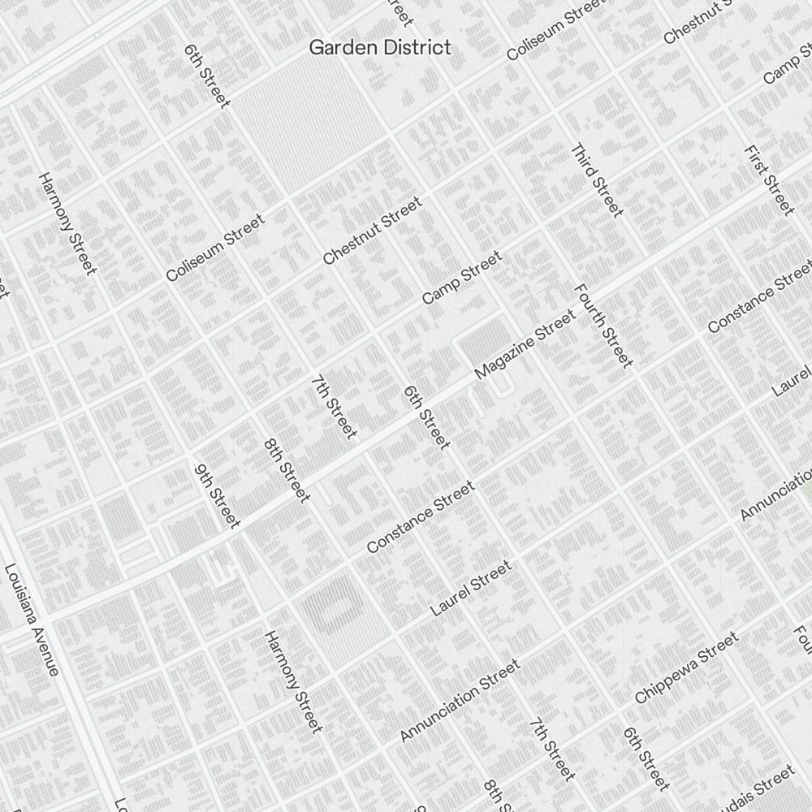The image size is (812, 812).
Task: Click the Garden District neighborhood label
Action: pos(379,48)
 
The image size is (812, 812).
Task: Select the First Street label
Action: pos(768,180)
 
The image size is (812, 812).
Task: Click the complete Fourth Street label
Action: pos(603,325)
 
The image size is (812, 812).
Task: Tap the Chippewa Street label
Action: pos(686,668)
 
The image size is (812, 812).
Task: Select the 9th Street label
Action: pos(217,495)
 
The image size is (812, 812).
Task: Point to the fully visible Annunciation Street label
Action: pos(460,701)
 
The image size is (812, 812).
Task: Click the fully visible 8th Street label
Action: pos(287,470)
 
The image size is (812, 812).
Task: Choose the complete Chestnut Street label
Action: pos(373,231)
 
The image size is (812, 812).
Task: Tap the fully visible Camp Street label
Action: pos(461,278)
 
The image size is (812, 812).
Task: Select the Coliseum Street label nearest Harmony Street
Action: pos(215,248)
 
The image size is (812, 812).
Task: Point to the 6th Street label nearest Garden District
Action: pos(207,76)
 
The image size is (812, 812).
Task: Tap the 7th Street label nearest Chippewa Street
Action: pos(551,749)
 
